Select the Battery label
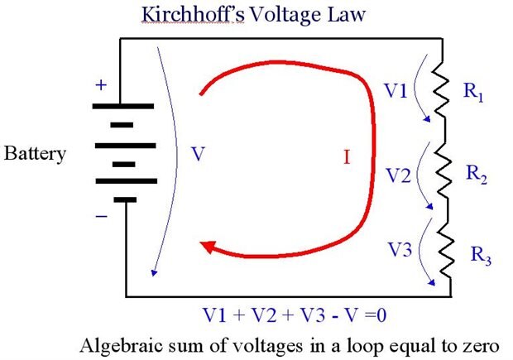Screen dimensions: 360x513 point(36,154)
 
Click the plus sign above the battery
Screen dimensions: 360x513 point(102,84)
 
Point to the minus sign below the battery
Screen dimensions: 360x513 point(102,217)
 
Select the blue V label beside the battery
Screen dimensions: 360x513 point(195,154)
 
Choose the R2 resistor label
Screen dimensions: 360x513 point(477,173)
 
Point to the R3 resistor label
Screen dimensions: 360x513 point(480,257)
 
